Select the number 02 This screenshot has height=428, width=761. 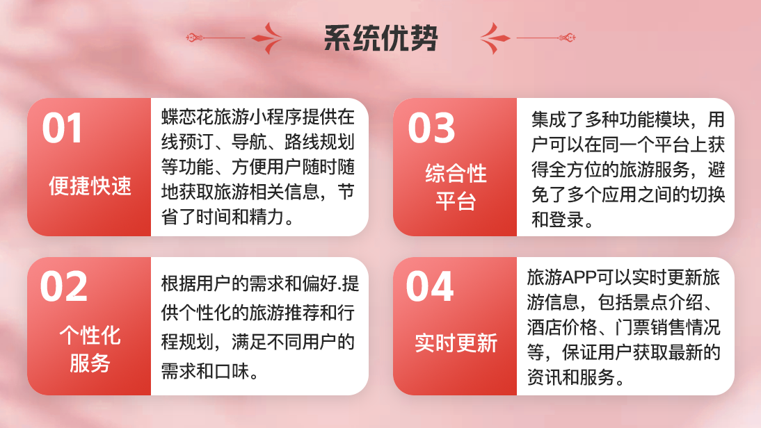click(x=63, y=286)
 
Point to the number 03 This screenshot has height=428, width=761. click(x=431, y=129)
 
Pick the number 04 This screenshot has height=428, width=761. click(x=430, y=286)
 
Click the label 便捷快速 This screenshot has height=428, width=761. click(x=90, y=186)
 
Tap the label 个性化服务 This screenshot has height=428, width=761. click(x=90, y=349)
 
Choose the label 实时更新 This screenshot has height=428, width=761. click(x=456, y=343)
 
